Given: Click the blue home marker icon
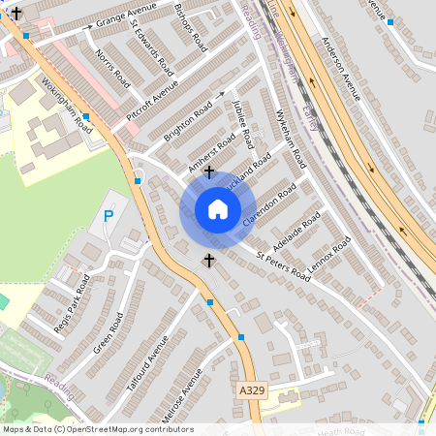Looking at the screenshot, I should coord(217,209).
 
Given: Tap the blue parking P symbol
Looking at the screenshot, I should coord(109,215).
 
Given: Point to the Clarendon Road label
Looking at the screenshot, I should coord(272,206).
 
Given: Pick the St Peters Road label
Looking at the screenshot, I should coord(284,268).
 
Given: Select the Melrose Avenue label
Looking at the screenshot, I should coord(179,398).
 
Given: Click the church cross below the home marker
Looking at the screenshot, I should coord(207,261).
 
